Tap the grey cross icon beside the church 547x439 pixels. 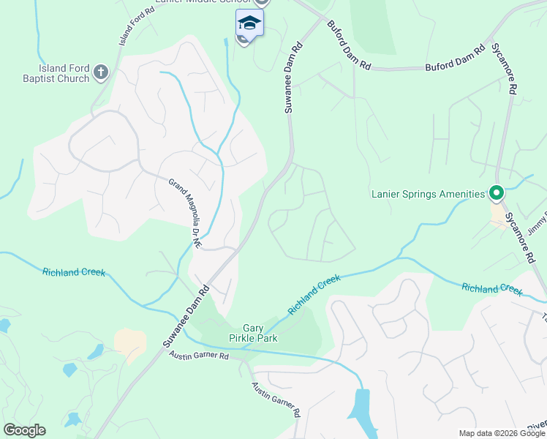[x=101, y=72]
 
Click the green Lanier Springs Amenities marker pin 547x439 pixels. [x=496, y=194]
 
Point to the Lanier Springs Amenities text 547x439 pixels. [x=428, y=194]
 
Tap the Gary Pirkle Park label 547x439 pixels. [x=261, y=334]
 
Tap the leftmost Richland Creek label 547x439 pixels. [x=74, y=272]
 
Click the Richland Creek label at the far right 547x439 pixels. [x=492, y=288]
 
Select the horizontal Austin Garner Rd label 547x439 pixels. [x=199, y=356]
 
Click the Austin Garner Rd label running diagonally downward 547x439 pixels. [x=276, y=399]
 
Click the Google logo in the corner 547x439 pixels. [x=24, y=430]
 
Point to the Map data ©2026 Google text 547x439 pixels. [x=502, y=433]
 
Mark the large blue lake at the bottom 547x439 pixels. [x=363, y=414]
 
